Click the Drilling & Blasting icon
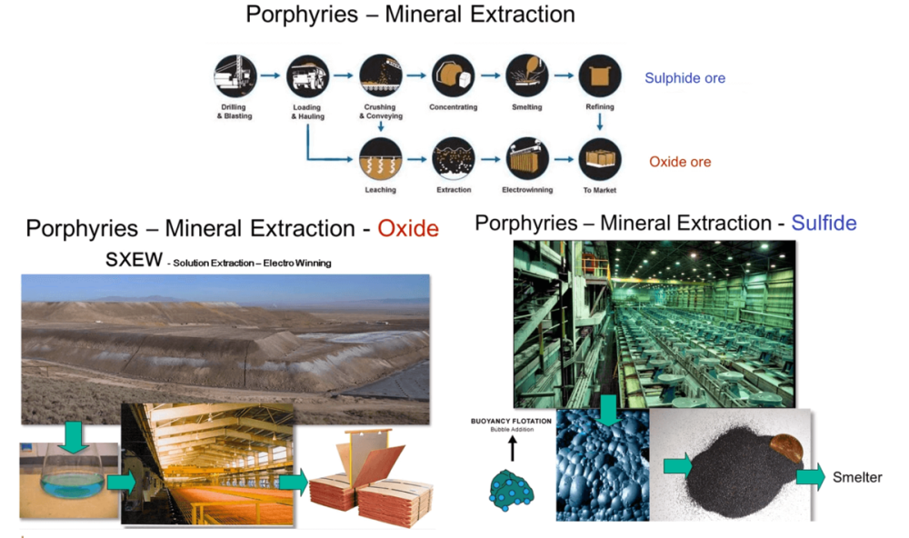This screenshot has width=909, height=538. click(235, 76)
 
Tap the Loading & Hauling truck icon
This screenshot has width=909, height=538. click(308, 76)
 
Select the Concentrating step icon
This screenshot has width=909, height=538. click(454, 76)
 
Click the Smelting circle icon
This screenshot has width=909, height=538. click(526, 76)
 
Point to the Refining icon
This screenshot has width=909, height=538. click(600, 76)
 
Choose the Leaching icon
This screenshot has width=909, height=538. click(380, 159)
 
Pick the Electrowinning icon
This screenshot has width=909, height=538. click(526, 159)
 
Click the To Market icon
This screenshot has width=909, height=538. click(600, 159)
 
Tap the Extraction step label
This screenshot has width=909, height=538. click(454, 190)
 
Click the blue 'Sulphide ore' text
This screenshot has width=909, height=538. click(684, 78)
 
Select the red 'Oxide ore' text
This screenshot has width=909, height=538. click(680, 162)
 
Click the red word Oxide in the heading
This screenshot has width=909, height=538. click(408, 228)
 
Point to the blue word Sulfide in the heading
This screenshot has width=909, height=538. click(824, 224)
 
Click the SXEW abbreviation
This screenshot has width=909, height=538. click(134, 260)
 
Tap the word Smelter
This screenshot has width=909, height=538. click(857, 477)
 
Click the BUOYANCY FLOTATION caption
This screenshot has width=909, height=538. click(511, 422)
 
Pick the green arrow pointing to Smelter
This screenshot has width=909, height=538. click(811, 476)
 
